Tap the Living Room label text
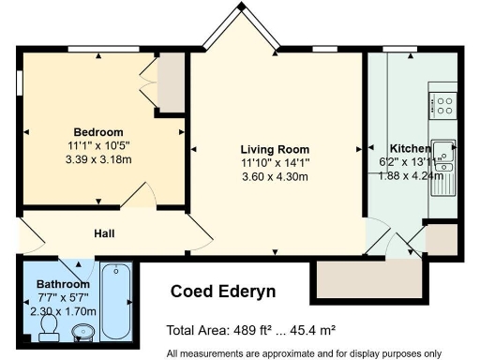[275, 150]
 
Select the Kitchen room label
[410, 149]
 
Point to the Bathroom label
[63, 284]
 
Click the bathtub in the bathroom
[118, 301]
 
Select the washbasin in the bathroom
[82, 331]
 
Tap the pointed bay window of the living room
[240, 28]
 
